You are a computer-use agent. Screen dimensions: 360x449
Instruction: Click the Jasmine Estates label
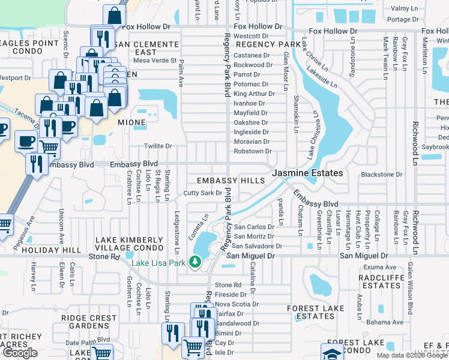(308, 173)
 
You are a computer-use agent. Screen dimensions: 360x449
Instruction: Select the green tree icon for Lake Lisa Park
(194, 261)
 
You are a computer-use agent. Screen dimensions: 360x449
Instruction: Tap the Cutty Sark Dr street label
(203, 193)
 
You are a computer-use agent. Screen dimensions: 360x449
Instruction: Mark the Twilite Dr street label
(158, 146)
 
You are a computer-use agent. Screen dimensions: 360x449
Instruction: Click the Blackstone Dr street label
(381, 175)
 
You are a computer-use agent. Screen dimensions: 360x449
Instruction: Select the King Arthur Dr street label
(254, 94)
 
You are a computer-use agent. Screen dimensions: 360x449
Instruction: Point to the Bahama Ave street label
(385, 322)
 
